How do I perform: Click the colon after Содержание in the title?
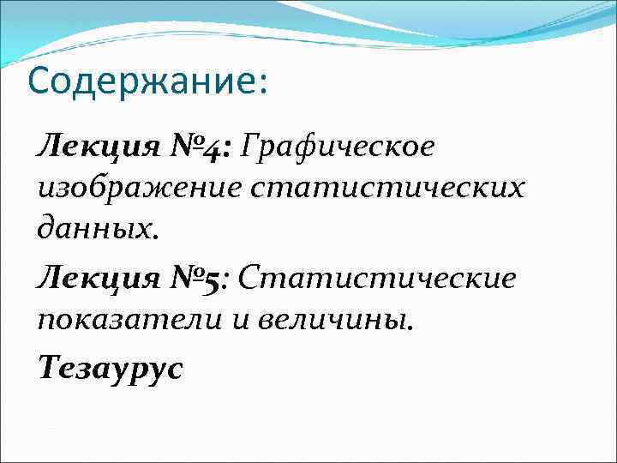tap(261, 84)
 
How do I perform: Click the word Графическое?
tap(338, 147)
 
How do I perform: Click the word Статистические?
tap(378, 278)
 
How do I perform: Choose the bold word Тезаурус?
tap(110, 367)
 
